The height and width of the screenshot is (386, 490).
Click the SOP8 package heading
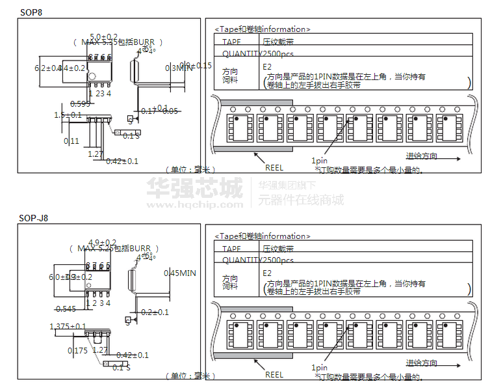coord(31,12)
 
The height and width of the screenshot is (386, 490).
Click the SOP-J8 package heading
coord(34,219)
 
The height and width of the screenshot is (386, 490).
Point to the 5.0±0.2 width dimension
coord(103,36)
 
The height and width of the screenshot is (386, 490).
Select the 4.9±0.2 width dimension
coord(102,243)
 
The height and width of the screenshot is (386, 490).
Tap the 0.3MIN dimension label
coord(180,68)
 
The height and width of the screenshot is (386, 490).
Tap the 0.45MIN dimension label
coord(180,273)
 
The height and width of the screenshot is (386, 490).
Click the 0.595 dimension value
coord(80,104)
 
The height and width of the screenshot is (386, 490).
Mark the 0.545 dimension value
coord(66,309)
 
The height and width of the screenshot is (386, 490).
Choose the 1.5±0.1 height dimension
coord(68,115)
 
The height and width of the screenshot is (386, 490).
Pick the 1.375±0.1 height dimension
coord(68,326)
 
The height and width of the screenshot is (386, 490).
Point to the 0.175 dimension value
coord(78,351)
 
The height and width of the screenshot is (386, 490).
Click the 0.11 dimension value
coord(71,141)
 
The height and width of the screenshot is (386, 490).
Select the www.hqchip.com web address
coord(194,204)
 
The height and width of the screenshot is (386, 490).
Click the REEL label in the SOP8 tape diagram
coord(274,167)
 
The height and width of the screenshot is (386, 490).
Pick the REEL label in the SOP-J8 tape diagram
coord(274,374)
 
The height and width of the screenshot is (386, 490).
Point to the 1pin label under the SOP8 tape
coord(319,161)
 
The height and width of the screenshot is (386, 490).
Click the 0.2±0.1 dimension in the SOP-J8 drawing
coord(155,312)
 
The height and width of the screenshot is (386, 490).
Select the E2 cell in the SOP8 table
coord(266,66)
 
